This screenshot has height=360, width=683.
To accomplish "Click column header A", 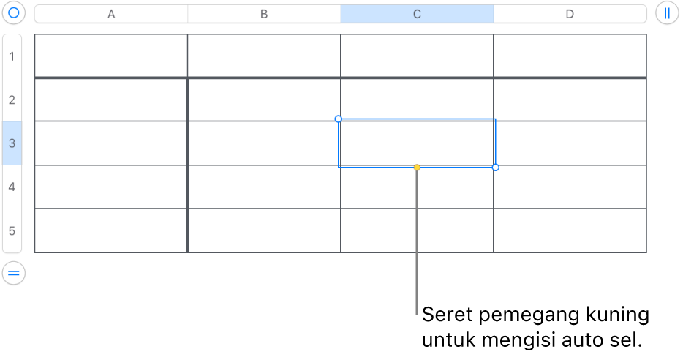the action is (111, 14).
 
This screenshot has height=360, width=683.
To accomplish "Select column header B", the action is (264, 14).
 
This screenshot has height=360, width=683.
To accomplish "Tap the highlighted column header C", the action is (417, 14).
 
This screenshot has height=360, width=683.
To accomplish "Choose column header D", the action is (570, 14).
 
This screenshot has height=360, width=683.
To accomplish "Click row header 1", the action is (12, 56).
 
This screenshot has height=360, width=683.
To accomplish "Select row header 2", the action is (12, 100).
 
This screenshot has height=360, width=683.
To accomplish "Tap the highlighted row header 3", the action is (12, 143).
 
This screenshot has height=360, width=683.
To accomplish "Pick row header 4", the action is (12, 187).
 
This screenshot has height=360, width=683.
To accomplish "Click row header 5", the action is (12, 230).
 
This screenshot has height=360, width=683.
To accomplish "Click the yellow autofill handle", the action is (417, 168).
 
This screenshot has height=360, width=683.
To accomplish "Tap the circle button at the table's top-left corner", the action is (14, 12).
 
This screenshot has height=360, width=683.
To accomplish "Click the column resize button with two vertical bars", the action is (667, 13).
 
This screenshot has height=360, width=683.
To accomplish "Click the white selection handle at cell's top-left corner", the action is (339, 119).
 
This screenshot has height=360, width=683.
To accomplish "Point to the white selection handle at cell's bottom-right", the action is (496, 168).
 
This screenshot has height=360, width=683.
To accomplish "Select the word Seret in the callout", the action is (448, 314).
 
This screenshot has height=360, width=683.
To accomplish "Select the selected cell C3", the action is (417, 143).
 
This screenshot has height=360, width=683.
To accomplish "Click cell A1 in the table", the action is (111, 56).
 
